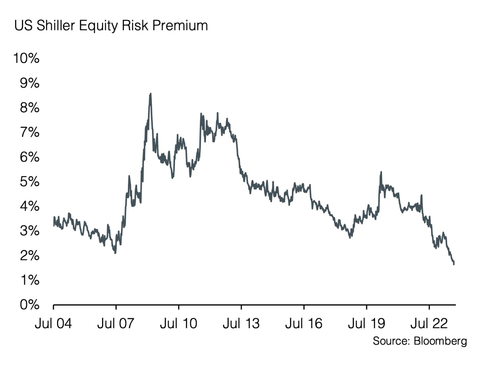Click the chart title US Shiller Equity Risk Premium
[x=111, y=25]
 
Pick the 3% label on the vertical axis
[x=29, y=231]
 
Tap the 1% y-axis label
[x=29, y=280]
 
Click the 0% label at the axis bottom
[x=29, y=305]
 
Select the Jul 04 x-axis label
[x=53, y=323]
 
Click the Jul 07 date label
[x=116, y=323]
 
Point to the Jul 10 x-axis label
[x=179, y=323]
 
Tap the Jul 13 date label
[x=241, y=323]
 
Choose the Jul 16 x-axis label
[x=304, y=323]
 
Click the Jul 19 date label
[x=366, y=323]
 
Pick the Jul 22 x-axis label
[x=429, y=323]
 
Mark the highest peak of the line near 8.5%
[x=150, y=94]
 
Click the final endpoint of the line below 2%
[x=454, y=264]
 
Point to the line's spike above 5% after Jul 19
[x=381, y=172]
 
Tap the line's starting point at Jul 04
[x=54, y=225]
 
